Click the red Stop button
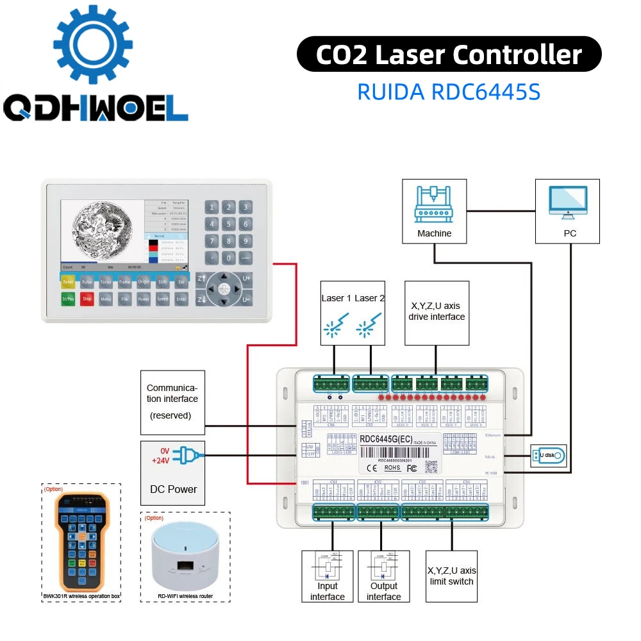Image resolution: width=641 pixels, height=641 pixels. pos(87,299)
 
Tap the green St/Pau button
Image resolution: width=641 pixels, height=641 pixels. pos(69,299)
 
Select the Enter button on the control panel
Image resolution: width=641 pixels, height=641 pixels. pos(181,299)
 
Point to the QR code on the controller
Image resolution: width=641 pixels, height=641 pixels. pos(432,465)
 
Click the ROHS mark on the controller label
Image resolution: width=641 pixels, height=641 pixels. pos(392,469)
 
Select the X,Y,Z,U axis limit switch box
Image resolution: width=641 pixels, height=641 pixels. pos(452,576)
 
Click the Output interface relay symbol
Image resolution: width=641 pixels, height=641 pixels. pos(384,563)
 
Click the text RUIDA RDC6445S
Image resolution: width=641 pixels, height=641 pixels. pos(449,92)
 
